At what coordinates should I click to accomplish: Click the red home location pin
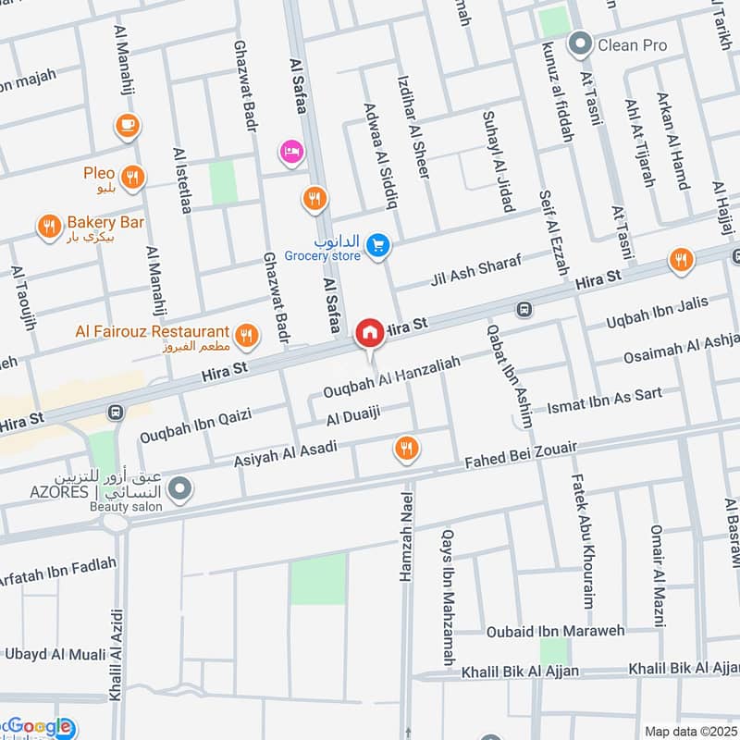pos(370,332)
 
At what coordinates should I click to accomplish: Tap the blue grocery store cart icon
pos(376,245)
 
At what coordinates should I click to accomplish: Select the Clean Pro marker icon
pos(581,43)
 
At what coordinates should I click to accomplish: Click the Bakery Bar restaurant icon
pos(48,225)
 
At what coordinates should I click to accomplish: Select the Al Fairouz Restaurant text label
pos(153,331)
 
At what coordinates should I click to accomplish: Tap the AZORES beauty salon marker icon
pos(180,487)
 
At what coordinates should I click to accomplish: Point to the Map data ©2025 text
pos(688,731)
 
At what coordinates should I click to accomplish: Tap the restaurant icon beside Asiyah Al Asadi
pos(405,450)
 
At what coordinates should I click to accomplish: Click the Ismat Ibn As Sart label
pos(605,401)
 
